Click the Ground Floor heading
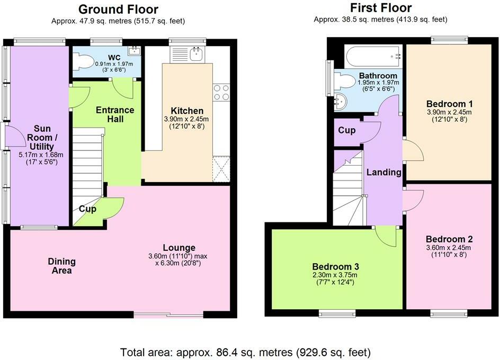(x=118, y=10)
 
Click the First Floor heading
(x=381, y=7)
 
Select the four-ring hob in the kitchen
(x=221, y=93)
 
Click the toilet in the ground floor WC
(x=81, y=60)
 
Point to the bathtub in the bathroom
(x=373, y=57)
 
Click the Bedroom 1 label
(x=449, y=104)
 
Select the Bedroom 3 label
(x=335, y=267)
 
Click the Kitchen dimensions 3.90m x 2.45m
(x=186, y=119)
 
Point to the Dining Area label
(x=62, y=266)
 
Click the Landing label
(x=384, y=173)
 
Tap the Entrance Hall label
(x=115, y=114)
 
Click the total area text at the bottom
(x=246, y=353)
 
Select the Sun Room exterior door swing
(x=12, y=136)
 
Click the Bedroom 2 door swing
(x=414, y=201)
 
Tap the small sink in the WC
(x=134, y=50)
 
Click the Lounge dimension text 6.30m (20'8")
(x=178, y=264)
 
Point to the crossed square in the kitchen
(x=221, y=169)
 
